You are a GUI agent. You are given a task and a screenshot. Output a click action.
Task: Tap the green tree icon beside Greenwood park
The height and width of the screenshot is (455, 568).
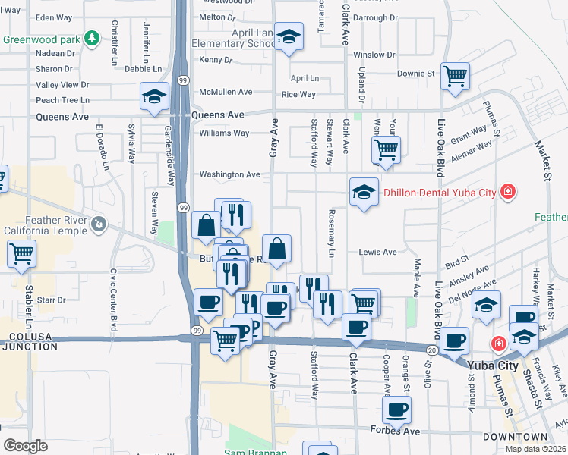[x=93, y=37]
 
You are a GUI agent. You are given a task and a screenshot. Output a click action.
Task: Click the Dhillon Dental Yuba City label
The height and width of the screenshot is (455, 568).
[x=439, y=193]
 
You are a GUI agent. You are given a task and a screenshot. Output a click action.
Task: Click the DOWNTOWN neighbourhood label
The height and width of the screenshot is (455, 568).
[x=516, y=437]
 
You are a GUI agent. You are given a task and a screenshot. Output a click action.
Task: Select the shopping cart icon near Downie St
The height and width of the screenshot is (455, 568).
[x=455, y=75]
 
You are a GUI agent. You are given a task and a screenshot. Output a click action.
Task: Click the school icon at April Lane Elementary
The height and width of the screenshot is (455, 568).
[x=289, y=36]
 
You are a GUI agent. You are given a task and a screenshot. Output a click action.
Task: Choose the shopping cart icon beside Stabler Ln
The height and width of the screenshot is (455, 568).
[x=21, y=253]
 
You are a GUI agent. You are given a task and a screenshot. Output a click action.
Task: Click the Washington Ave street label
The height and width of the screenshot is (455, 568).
[x=229, y=174]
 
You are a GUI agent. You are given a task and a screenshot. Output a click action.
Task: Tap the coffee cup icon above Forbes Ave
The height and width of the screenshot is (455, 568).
[x=396, y=410]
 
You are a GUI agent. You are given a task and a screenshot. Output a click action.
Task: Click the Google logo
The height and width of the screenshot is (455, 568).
[x=25, y=446]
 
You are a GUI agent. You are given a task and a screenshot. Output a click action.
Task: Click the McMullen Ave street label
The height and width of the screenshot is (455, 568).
[x=225, y=92]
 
